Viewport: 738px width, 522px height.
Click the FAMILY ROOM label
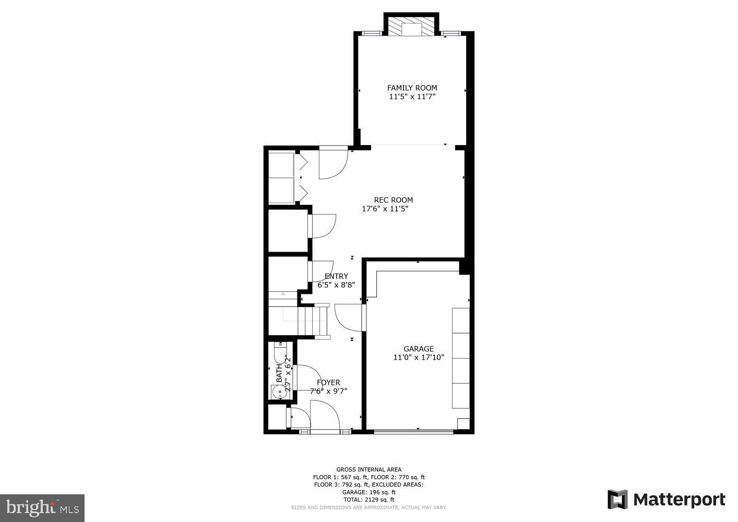click(412, 88)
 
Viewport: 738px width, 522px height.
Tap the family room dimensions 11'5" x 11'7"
click(412, 97)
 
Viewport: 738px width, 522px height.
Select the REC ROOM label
click(393, 200)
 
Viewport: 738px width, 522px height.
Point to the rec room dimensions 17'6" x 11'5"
click(385, 209)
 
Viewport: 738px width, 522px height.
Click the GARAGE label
click(418, 349)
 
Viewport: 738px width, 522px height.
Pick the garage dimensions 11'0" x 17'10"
click(418, 358)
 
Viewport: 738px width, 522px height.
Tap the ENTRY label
click(336, 276)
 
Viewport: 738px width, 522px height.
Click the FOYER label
click(328, 383)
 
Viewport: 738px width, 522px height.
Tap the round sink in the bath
click(278, 391)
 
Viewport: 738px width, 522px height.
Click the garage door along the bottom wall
click(413, 431)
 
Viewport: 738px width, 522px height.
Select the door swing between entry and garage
click(347, 316)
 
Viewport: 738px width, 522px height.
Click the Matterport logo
click(666, 500)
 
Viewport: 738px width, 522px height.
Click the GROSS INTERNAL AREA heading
click(368, 470)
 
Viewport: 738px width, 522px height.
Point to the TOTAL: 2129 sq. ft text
click(368, 500)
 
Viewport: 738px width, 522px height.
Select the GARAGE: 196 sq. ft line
click(368, 492)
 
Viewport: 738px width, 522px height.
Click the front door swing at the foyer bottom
click(324, 416)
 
